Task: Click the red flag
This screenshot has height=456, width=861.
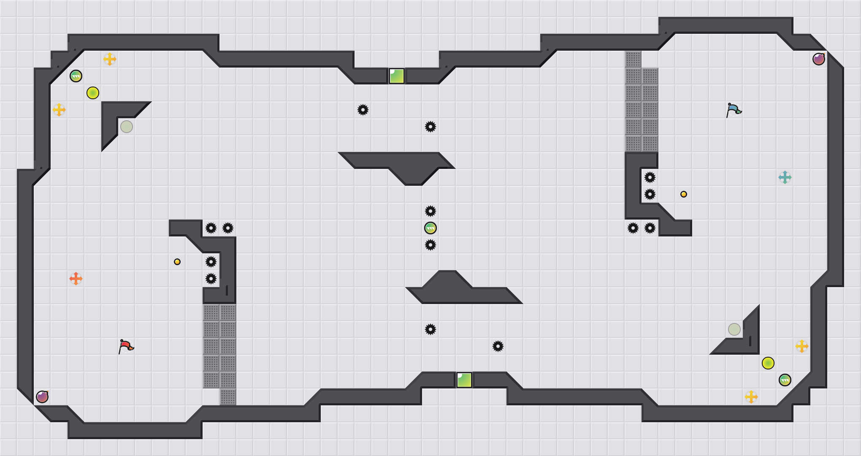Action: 126,347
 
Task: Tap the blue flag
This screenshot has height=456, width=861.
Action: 734,110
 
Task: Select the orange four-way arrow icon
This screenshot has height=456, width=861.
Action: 76,279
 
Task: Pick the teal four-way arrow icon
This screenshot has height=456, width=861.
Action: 785,177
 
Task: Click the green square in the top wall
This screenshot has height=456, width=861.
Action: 397,76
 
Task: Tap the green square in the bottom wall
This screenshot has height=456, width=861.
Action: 464,380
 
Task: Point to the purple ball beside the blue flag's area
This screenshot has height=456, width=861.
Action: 819,59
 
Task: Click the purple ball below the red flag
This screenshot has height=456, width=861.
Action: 42,397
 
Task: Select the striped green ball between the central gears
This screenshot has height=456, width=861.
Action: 430,228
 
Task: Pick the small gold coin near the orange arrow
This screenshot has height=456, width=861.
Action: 177,262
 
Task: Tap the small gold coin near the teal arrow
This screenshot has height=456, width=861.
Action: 684,194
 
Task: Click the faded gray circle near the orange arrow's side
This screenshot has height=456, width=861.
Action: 127,127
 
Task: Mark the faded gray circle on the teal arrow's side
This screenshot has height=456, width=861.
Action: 734,329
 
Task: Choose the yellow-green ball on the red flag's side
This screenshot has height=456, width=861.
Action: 93,93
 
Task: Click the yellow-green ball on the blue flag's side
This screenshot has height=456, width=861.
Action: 768,363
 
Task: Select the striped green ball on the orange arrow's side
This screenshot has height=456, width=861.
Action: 76,76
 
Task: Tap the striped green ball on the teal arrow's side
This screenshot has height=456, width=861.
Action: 785,380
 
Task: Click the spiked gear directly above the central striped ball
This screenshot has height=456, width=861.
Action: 430,211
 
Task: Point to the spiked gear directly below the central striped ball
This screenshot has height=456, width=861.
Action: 430,245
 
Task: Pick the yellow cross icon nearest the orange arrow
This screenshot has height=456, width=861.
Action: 59,110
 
